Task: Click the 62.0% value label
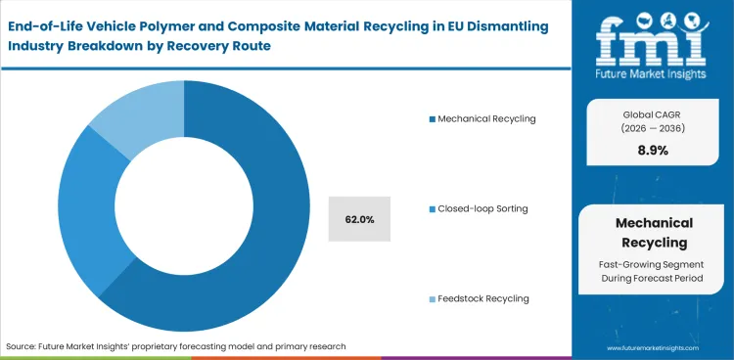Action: pos(359,219)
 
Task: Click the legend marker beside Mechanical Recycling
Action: pos(432,119)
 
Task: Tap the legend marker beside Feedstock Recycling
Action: pos(432,298)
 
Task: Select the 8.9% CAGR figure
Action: pos(653,151)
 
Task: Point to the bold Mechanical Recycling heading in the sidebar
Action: pos(653,232)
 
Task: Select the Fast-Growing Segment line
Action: pos(653,265)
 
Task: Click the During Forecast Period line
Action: pos(653,280)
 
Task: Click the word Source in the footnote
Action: pos(22,346)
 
